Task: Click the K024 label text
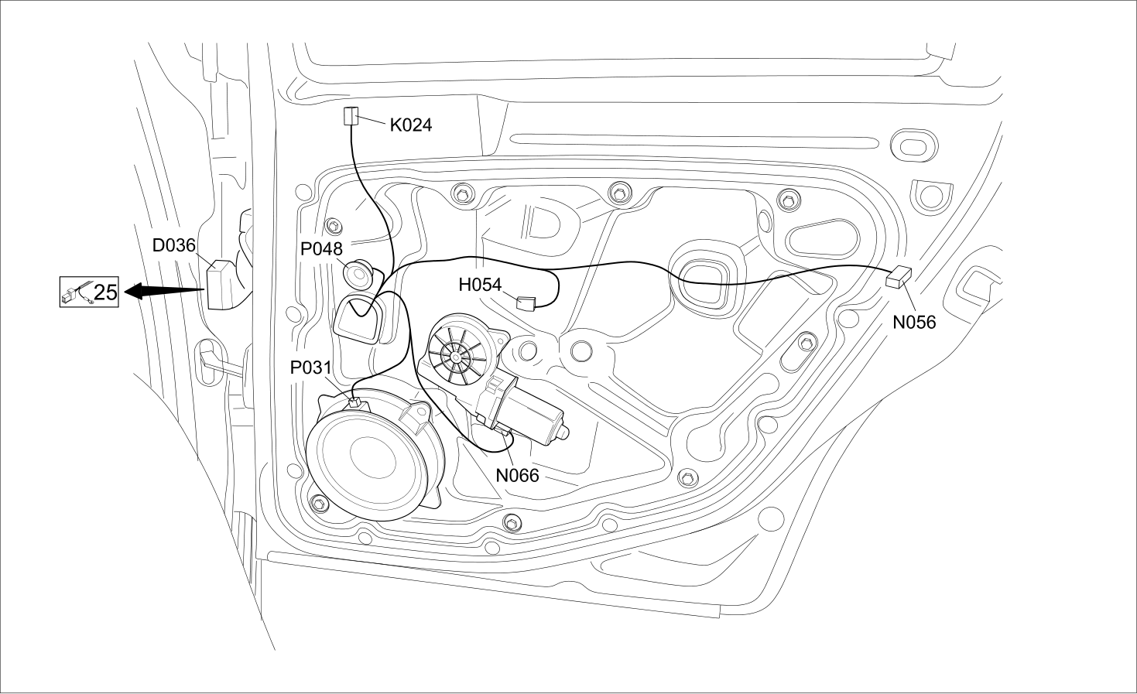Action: click(411, 125)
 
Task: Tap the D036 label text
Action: click(173, 245)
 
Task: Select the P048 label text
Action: click(321, 249)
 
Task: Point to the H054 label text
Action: click(480, 285)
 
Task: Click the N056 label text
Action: click(914, 322)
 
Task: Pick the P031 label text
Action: click(310, 368)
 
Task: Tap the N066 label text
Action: click(517, 475)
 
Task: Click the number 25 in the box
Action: click(105, 292)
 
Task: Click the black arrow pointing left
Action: click(164, 291)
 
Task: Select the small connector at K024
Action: click(351, 116)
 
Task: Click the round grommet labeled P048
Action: click(358, 275)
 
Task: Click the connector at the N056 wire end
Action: click(899, 277)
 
